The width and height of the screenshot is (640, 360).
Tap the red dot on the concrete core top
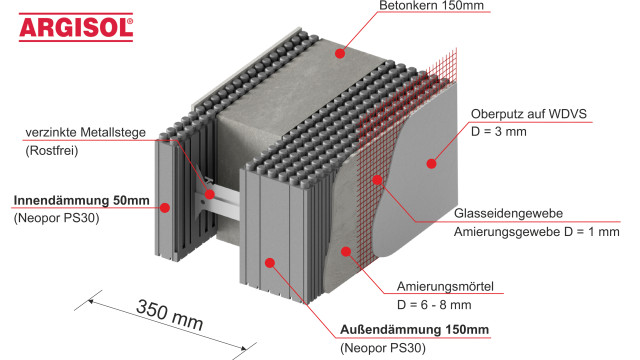(339, 52)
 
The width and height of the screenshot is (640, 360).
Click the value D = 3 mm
(498, 147)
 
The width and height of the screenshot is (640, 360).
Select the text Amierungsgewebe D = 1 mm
(550, 232)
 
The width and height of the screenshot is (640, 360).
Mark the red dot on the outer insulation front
(270, 262)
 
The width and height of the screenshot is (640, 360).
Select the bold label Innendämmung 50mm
(81, 200)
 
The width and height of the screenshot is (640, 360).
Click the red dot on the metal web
(210, 192)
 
